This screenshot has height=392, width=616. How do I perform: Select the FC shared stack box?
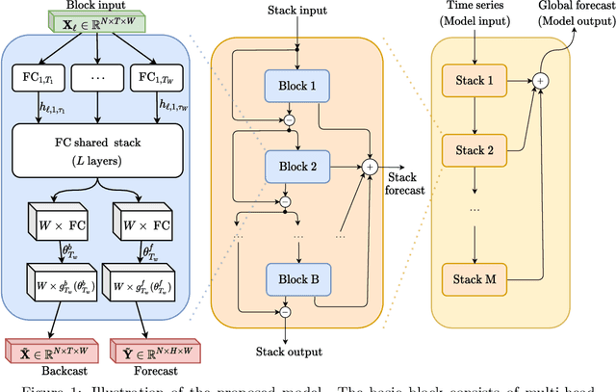pyautogui.click(x=96, y=150)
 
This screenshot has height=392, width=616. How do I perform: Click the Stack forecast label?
pyautogui.click(x=401, y=183)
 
